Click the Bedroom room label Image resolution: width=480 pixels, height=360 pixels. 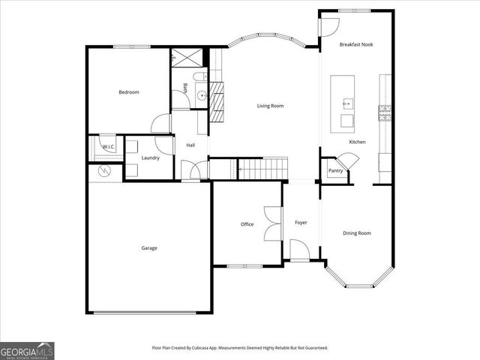(x=129, y=92)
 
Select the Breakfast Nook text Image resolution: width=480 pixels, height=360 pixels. (x=355, y=45)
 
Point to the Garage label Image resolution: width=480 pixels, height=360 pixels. (x=149, y=247)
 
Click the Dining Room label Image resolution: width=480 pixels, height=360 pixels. (x=357, y=233)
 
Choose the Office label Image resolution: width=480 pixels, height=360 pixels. (x=247, y=224)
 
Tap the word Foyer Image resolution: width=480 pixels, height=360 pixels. (x=301, y=223)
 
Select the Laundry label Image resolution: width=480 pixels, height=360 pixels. (x=150, y=158)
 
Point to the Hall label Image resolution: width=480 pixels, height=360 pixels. (x=190, y=145)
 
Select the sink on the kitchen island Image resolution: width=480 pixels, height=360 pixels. (x=348, y=103)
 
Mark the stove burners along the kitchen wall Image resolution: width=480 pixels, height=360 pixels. (x=385, y=113)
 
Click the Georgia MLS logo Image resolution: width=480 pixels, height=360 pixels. (x=27, y=350)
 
